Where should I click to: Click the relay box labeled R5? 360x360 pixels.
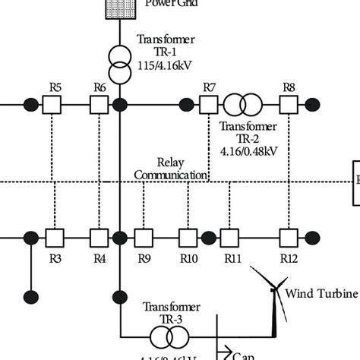[55, 104]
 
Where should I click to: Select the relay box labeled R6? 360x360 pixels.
[99, 104]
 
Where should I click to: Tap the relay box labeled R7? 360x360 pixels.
[209, 104]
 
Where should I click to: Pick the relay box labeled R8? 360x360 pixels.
[288, 104]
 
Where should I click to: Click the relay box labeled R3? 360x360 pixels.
[55, 238]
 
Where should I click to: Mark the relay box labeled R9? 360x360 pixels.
[144, 238]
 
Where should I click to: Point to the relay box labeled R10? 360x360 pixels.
[188, 238]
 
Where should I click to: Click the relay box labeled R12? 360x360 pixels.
[288, 238]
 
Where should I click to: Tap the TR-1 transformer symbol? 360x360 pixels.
[119, 66]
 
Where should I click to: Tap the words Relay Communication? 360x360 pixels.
[170, 169]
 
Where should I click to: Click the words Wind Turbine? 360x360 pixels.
[315, 294]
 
